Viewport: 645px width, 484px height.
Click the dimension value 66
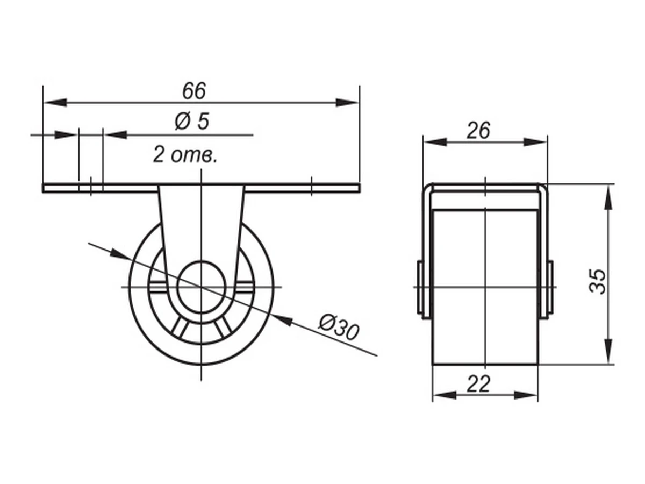click(194, 91)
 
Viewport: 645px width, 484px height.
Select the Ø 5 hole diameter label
click(192, 121)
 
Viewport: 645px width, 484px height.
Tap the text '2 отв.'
click(185, 155)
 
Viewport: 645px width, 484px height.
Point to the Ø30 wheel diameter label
click(339, 328)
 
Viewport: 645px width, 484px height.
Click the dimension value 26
click(478, 130)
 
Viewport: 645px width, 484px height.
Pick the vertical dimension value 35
click(597, 281)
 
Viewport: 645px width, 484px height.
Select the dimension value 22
click(478, 384)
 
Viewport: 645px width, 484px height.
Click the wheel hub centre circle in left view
click(201, 287)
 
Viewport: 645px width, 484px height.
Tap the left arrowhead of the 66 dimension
click(55, 103)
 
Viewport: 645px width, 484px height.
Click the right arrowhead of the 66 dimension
click(348, 103)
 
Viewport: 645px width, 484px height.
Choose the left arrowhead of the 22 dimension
click(445, 395)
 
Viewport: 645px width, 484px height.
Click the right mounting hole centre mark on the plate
click(311, 187)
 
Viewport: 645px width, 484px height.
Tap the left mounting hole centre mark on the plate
click(91, 187)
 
